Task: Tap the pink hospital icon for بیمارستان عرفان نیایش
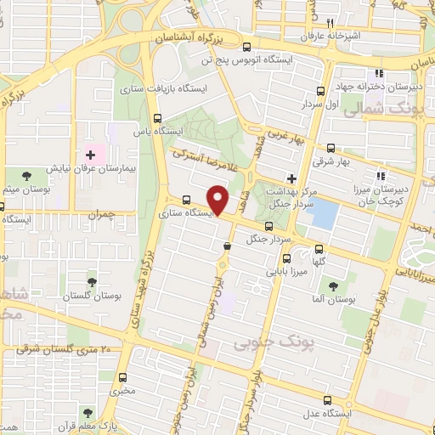91,155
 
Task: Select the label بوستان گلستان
90,296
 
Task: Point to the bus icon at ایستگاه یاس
155,118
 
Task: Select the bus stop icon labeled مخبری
124,378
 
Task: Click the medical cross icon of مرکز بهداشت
291,178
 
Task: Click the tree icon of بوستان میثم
27,175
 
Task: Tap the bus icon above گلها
319,249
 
